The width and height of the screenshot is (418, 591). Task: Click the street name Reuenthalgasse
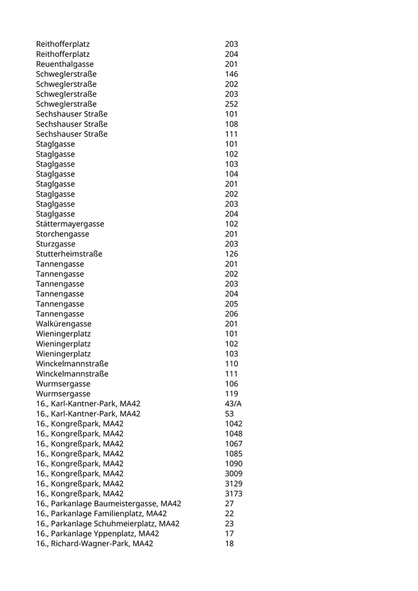tap(64, 64)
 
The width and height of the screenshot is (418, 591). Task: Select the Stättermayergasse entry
tap(70, 224)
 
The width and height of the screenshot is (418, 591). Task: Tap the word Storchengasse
tap(62, 234)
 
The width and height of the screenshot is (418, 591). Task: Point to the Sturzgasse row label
tap(56, 244)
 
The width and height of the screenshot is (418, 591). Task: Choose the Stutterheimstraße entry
tap(69, 254)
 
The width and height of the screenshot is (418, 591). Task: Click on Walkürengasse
tap(63, 324)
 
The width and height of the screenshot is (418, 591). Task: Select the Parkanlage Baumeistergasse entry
tap(108, 504)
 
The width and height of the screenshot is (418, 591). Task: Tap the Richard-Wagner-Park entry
tap(94, 544)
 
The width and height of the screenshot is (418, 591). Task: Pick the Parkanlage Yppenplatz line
tap(97, 534)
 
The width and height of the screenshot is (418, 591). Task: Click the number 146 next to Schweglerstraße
tap(231, 74)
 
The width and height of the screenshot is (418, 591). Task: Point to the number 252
tap(231, 104)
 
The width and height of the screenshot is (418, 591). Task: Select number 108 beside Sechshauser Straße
tap(231, 124)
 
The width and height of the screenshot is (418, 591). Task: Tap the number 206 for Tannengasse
tap(231, 314)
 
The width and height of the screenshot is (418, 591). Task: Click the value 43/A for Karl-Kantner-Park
tap(233, 404)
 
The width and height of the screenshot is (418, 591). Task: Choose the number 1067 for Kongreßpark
tap(233, 444)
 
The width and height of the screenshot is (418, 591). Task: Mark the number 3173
tap(233, 494)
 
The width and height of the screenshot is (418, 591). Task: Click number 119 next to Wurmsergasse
tap(231, 394)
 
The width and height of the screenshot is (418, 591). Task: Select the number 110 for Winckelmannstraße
tap(231, 364)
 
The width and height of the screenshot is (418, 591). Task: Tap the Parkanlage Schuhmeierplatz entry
tap(107, 524)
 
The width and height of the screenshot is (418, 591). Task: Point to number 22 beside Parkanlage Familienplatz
tap(229, 514)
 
